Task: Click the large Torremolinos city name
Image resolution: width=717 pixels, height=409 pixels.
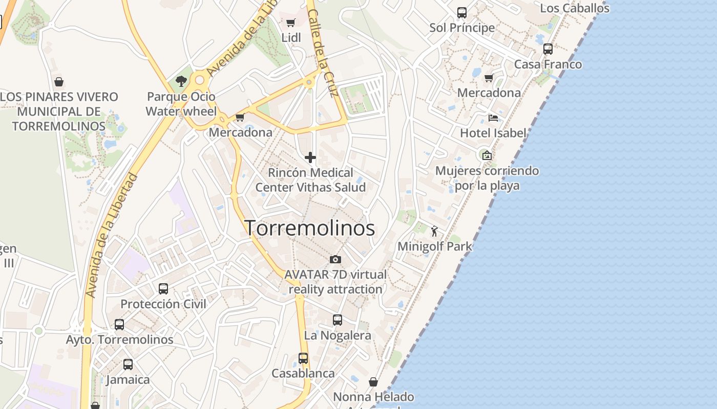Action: pos(310,228)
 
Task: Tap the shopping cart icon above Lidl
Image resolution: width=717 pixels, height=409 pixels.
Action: pos(290,22)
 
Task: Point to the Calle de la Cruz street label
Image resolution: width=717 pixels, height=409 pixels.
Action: pos(323,53)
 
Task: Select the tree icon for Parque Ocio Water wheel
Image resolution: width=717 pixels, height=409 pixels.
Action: pos(181,81)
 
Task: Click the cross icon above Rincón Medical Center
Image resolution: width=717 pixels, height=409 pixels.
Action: pos(310,157)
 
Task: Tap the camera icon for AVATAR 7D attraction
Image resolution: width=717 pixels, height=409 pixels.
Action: pos(335,259)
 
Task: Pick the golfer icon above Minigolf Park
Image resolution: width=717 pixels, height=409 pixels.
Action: pos(435,231)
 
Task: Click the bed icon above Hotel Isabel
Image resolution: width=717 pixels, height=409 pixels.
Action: pos(493,118)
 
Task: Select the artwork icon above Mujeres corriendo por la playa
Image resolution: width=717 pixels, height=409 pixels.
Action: pos(487,155)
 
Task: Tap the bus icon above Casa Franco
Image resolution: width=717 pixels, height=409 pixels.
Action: pos(548,49)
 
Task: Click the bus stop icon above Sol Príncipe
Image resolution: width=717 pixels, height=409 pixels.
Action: pos(462,12)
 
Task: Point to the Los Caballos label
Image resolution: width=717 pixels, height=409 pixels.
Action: pos(575,8)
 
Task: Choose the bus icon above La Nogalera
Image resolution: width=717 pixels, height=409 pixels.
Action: pos(338,320)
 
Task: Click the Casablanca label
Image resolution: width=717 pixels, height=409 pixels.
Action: pos(303,373)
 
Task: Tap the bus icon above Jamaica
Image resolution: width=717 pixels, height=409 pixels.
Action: pos(128,365)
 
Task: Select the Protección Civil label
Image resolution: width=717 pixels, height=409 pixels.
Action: pos(163,304)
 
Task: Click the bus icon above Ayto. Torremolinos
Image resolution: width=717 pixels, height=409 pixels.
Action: pos(119,324)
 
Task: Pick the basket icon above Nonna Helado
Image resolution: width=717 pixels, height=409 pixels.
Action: pos(374,382)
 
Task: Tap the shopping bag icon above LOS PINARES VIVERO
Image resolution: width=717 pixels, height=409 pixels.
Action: pos(59,82)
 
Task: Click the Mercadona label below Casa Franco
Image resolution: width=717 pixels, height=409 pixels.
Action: pos(489,93)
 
